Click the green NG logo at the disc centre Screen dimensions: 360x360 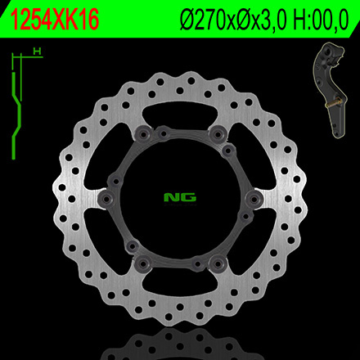[181, 196]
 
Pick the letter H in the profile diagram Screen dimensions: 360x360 [36, 51]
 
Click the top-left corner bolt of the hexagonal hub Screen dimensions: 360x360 [145, 133]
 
